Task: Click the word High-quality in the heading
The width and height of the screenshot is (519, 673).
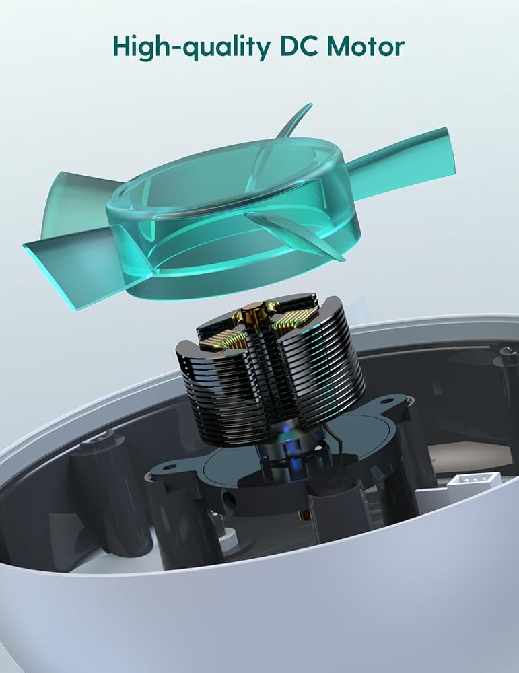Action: [x=192, y=47]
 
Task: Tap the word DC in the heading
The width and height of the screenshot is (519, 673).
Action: [x=299, y=46]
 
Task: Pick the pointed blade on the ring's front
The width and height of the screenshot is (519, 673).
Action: [x=296, y=234]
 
